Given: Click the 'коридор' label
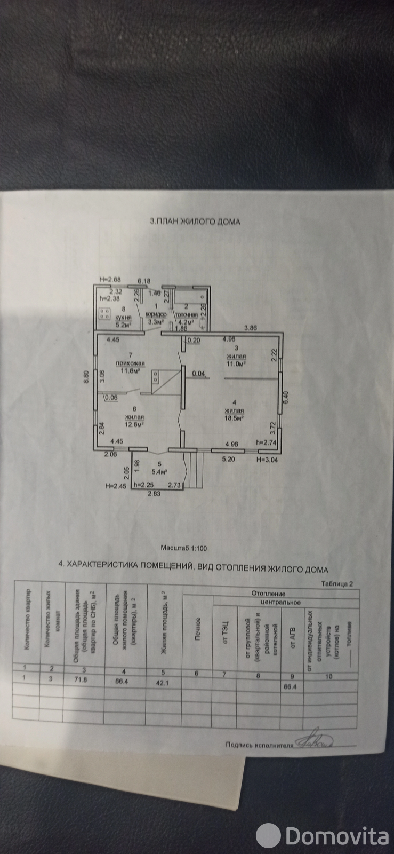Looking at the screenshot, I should click(x=156, y=315).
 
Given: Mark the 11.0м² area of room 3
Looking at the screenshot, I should click(x=235, y=363).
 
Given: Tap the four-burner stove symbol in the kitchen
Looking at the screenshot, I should click(x=104, y=313).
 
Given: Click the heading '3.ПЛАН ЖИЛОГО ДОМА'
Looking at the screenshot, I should click(x=195, y=222).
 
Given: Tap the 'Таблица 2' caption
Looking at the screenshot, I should click(x=337, y=584).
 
